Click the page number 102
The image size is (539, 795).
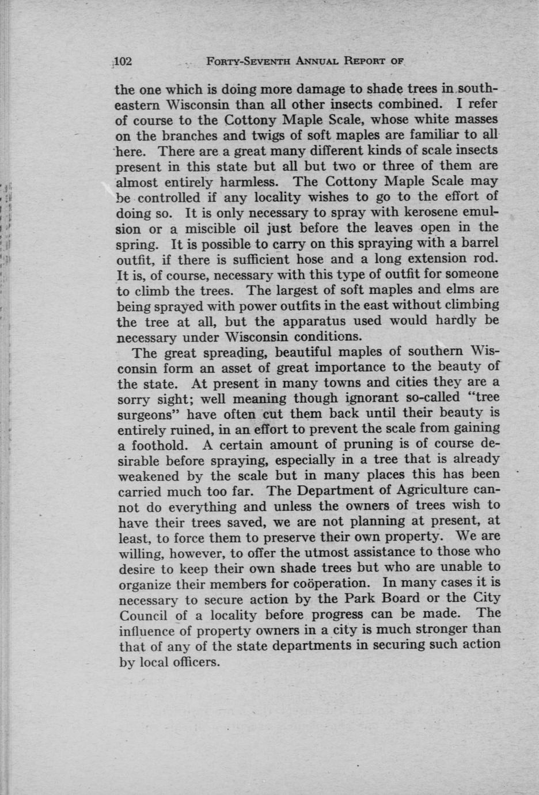coord(124,61)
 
